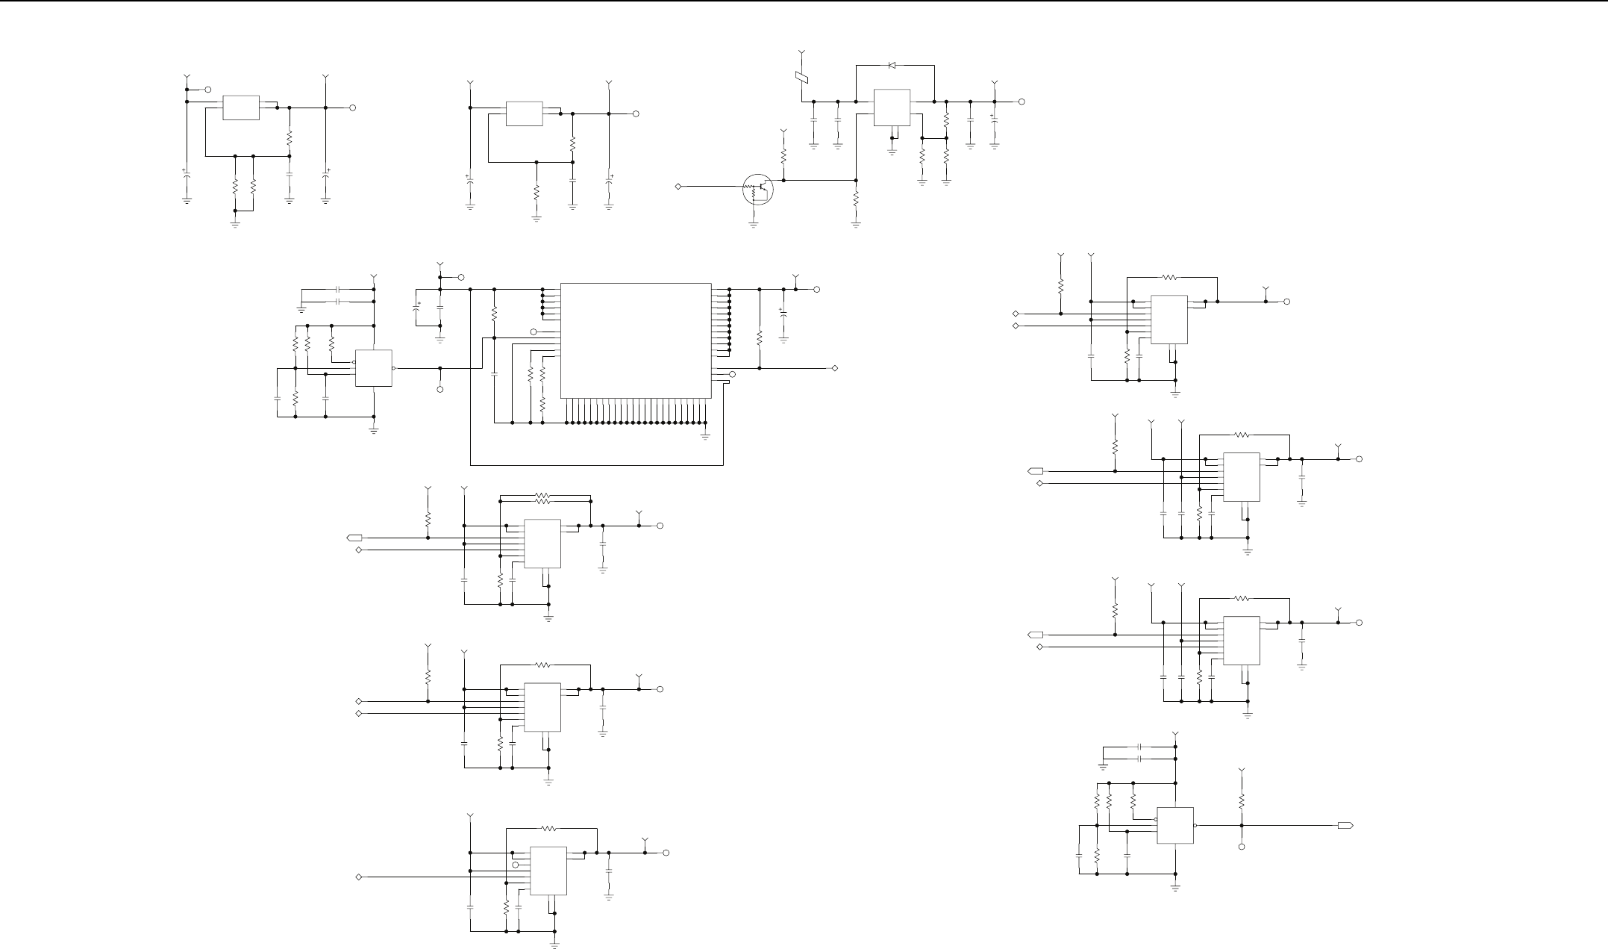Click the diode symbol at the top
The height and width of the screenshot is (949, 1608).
point(892,65)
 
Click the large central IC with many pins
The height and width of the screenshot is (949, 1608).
point(635,340)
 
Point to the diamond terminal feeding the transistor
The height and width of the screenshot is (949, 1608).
point(678,185)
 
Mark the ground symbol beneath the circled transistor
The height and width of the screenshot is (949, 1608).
point(753,223)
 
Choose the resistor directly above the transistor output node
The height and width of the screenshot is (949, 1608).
point(783,157)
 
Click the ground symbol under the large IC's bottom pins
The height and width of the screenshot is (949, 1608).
point(705,435)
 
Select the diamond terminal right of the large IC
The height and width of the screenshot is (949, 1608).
point(835,368)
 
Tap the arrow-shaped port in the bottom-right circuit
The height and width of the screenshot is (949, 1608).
point(1345,825)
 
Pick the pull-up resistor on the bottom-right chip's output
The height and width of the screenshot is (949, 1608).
point(1242,801)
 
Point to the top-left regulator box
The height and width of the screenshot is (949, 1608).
point(241,108)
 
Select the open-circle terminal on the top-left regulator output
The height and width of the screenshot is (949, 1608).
point(352,108)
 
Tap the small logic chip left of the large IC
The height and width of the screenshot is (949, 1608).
point(374,368)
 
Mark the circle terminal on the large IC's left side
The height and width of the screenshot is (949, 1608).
point(534,332)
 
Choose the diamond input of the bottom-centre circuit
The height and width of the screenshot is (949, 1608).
point(360,877)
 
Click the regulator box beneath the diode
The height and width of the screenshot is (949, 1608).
point(892,108)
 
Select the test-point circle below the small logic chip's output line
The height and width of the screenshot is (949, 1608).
point(439,390)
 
